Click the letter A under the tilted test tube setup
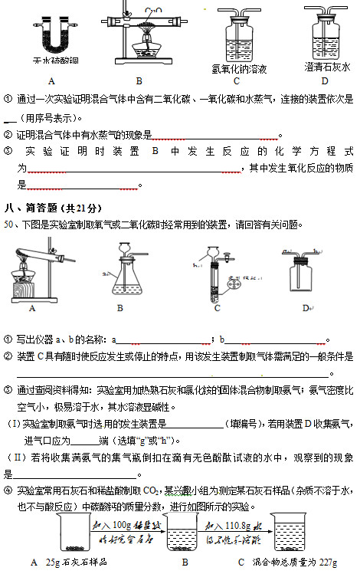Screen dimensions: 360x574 pos(32,308)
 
